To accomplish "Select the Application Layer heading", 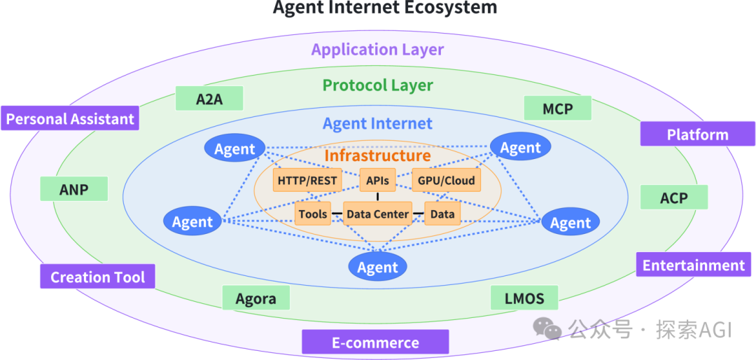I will [377, 50].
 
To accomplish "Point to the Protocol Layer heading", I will [377, 85].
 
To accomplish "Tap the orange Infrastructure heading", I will [377, 155].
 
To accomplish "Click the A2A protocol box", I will [209, 99].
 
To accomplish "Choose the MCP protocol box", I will [557, 109].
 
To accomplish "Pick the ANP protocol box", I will [73, 189].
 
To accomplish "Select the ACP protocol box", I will [673, 198].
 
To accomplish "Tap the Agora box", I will [255, 298].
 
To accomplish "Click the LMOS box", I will [524, 298].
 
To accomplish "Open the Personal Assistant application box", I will [70, 118].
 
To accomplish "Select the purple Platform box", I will [697, 134].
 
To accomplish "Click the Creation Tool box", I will [97, 277].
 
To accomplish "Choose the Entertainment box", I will [694, 265].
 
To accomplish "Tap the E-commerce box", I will [374, 342].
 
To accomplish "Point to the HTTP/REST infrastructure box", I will [307, 181].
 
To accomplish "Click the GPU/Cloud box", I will [446, 181].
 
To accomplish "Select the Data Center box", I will [377, 214].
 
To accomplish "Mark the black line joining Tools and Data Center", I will [337, 214].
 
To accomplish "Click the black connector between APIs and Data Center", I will [377, 197].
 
